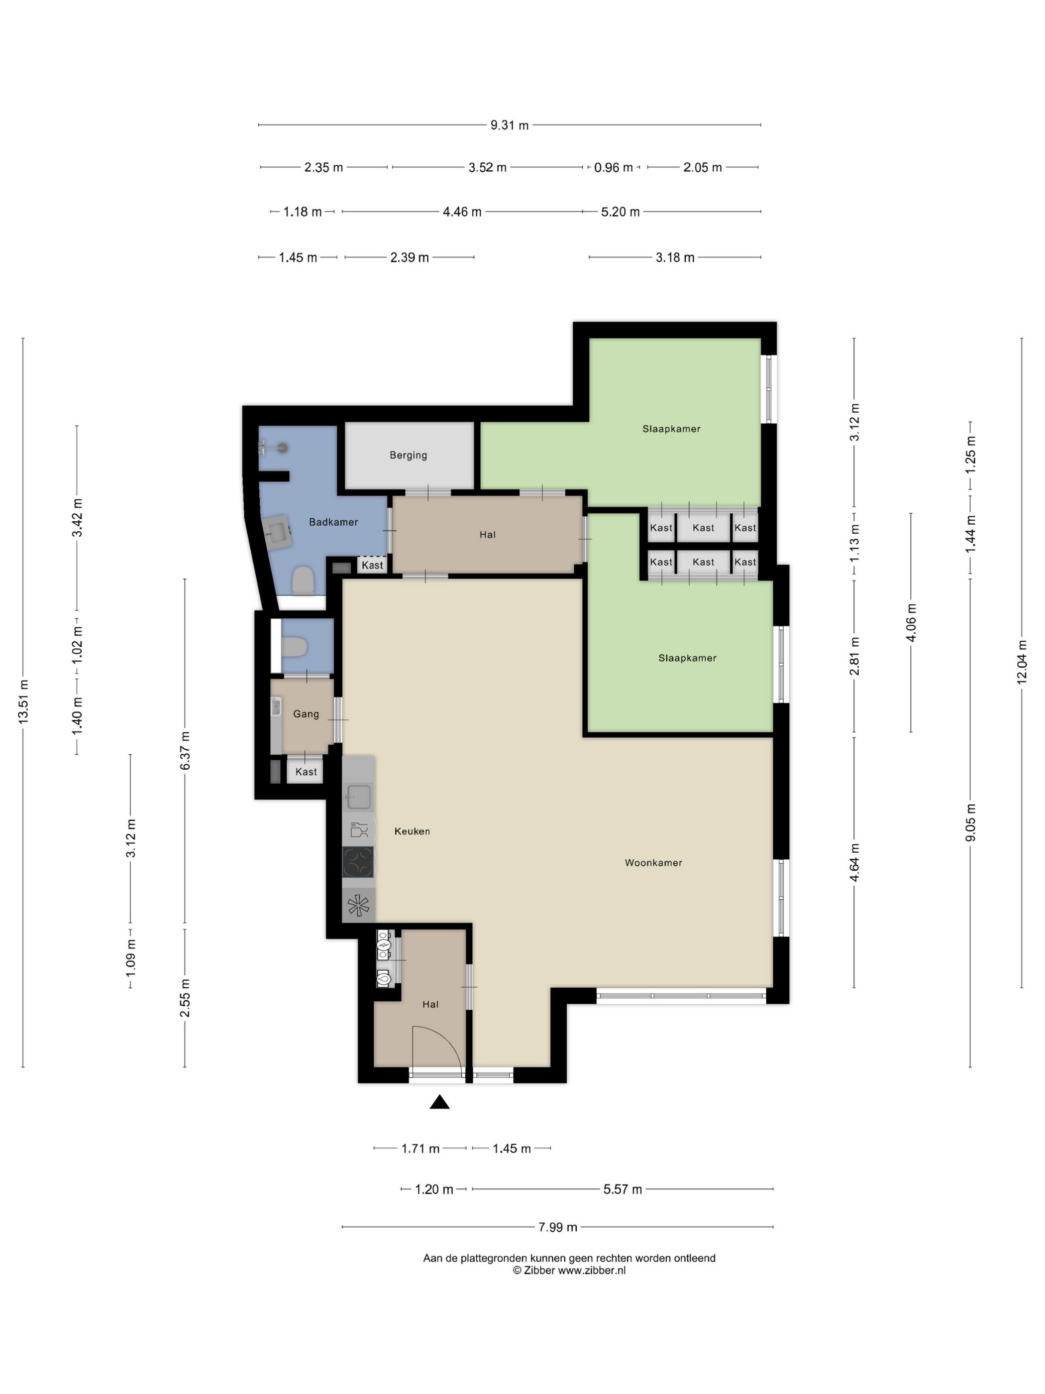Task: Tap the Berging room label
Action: click(x=408, y=455)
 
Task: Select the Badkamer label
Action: click(x=333, y=522)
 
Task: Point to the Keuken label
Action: click(x=412, y=831)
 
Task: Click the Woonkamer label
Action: click(x=653, y=863)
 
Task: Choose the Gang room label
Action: click(x=306, y=714)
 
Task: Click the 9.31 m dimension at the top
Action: click(x=510, y=125)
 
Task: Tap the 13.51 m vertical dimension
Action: click(x=24, y=701)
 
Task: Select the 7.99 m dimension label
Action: click(x=557, y=1227)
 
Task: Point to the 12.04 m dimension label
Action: click(x=1022, y=662)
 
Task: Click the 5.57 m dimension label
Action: click(x=623, y=1189)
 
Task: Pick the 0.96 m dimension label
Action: click(x=614, y=168)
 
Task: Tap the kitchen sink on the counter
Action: click(x=358, y=797)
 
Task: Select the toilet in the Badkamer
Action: click(x=303, y=581)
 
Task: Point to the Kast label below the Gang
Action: click(x=306, y=772)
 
